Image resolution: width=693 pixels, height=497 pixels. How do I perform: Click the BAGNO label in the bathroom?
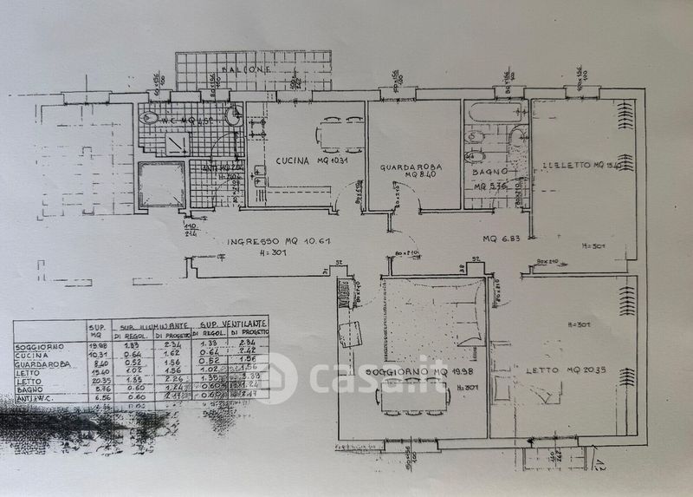(x=490, y=172)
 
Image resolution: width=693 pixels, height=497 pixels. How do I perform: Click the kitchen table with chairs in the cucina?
(x=340, y=134)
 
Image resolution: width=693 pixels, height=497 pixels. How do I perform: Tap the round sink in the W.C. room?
(x=232, y=115)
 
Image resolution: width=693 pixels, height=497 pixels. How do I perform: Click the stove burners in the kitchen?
(x=256, y=130)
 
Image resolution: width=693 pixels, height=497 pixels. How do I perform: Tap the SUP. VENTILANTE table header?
(x=230, y=324)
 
